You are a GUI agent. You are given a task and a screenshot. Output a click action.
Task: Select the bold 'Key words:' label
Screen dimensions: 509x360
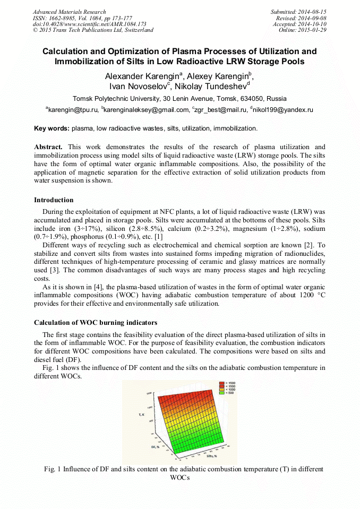[x=52, y=128]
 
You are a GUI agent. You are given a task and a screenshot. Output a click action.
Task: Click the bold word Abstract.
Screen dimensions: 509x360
[x=48, y=146]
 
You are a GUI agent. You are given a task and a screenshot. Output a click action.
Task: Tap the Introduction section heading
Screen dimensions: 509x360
[x=54, y=200]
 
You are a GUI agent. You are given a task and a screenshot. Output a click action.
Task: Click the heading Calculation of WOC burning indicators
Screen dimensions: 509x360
[x=96, y=322]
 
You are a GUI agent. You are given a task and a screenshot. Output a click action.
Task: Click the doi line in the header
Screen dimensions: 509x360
[x=89, y=24]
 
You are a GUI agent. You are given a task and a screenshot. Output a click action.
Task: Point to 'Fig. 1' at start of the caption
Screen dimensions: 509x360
[x=53, y=469]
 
